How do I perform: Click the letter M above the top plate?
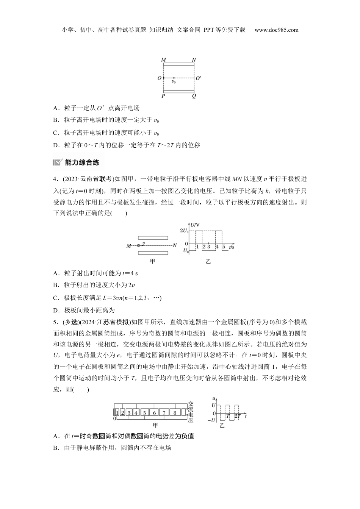coord(163,60)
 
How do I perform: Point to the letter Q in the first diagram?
coord(194,96)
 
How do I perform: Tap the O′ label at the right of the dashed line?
coord(199,78)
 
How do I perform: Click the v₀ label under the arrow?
coord(174,82)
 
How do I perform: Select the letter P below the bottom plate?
coord(163,96)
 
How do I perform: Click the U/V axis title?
coord(196,225)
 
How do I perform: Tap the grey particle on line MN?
coord(139,245)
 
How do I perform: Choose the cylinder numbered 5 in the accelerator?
coord(144,412)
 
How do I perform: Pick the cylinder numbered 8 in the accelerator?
coord(174,412)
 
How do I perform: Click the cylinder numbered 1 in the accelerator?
coord(117,412)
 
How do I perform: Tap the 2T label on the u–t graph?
coord(238,416)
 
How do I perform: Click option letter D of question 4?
coord(56,311)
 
